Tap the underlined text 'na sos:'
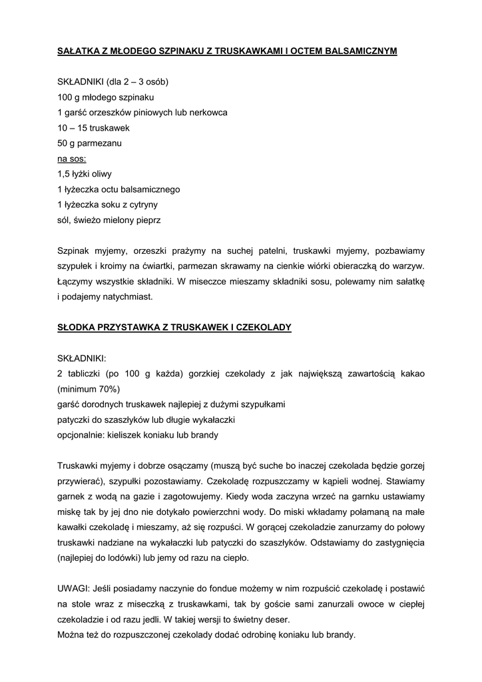(x=72, y=159)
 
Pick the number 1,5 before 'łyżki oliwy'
(x=65, y=174)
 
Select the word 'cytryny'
(x=142, y=204)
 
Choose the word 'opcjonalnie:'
(x=81, y=434)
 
